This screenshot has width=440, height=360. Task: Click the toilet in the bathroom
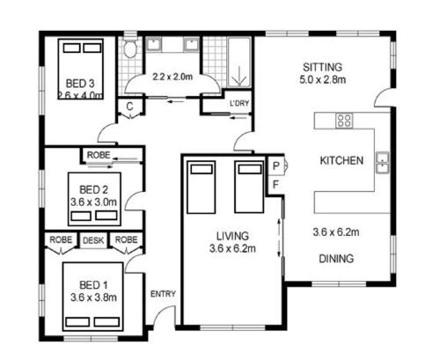pyautogui.click(x=130, y=48)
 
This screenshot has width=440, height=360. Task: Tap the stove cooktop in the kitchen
pyautogui.click(x=344, y=121)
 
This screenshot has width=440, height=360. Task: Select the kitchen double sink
pyautogui.click(x=383, y=163)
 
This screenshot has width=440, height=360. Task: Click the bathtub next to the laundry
pyautogui.click(x=239, y=62)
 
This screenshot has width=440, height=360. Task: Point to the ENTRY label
pyautogui.click(x=163, y=294)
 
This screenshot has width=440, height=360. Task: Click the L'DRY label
pyautogui.click(x=239, y=103)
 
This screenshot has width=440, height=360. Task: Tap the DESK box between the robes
pyautogui.click(x=93, y=240)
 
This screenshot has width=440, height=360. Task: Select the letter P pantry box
pyautogui.click(x=276, y=166)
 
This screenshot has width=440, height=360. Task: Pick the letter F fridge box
pyautogui.click(x=275, y=185)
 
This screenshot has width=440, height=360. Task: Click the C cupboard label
pyautogui.click(x=130, y=107)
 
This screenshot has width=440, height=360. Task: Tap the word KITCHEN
pyautogui.click(x=341, y=160)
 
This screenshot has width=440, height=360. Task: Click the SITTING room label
pyautogui.click(x=322, y=67)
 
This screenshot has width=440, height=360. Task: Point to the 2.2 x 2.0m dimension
pyautogui.click(x=172, y=77)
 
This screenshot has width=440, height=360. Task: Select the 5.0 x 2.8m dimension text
pyautogui.click(x=322, y=79)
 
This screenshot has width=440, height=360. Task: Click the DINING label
pyautogui.click(x=336, y=259)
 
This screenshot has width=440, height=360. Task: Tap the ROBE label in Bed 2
pyautogui.click(x=99, y=155)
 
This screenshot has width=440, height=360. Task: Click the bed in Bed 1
pyautogui.click(x=92, y=297)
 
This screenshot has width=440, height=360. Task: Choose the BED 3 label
pyautogui.click(x=80, y=84)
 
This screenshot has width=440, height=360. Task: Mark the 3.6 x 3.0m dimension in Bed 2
pyautogui.click(x=93, y=202)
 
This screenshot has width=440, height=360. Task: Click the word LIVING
pyautogui.click(x=232, y=236)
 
